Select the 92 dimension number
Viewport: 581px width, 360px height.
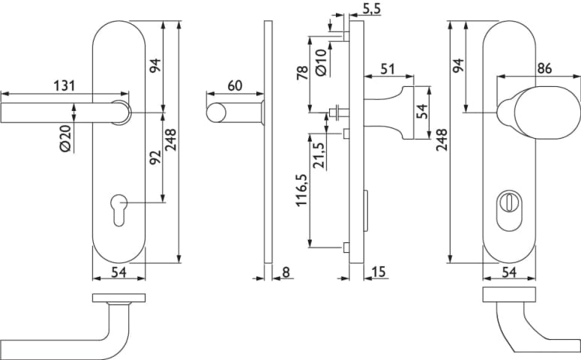155,158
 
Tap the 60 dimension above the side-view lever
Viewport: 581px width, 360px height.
234,85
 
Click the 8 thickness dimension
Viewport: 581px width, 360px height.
286,272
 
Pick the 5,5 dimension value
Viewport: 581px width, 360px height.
371,10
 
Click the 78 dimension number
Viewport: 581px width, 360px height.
302,74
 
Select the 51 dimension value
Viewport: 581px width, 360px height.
388,69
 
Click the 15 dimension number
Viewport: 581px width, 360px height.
378,272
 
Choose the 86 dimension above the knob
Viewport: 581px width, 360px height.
545,68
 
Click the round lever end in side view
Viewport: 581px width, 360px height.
216,113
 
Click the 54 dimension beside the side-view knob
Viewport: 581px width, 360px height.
423,111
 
